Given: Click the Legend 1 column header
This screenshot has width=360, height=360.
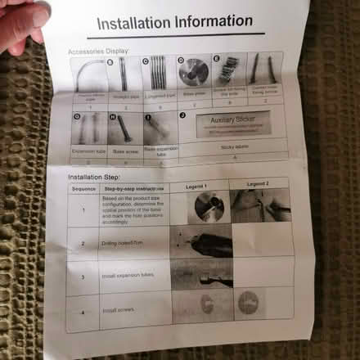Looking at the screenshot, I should tap(196, 187).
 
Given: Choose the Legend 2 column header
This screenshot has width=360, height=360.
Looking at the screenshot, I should tap(259, 184).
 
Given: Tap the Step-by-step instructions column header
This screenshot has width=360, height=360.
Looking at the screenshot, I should tap(135, 189).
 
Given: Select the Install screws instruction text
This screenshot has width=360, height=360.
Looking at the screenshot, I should tap(116, 311).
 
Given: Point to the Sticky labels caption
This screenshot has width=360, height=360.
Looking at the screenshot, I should tap(232, 148).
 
